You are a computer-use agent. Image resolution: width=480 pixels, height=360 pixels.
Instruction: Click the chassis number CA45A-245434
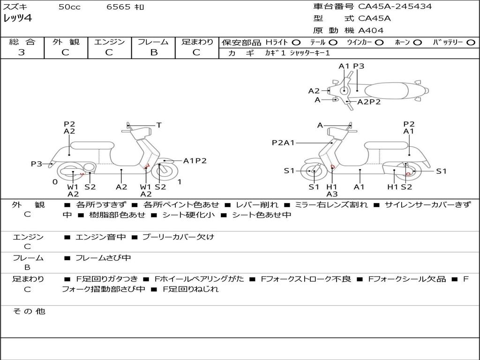click(395, 7)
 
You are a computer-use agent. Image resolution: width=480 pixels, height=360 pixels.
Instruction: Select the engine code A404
click(371, 30)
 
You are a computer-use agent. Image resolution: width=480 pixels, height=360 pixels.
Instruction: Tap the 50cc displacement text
click(69, 7)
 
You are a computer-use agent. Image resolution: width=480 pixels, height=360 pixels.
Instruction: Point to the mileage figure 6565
click(118, 7)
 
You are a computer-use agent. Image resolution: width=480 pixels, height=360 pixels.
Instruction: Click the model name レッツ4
click(17, 19)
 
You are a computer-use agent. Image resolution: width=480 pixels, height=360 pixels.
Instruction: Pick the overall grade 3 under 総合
click(22, 52)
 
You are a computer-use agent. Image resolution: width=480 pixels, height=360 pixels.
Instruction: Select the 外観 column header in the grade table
click(66, 42)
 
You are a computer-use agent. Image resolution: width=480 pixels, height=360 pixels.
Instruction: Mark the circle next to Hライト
click(296, 43)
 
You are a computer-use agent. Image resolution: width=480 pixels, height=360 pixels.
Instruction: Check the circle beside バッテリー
click(471, 43)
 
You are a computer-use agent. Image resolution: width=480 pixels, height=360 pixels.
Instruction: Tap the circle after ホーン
click(417, 43)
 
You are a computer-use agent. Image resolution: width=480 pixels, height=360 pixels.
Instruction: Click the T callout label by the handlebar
click(159, 125)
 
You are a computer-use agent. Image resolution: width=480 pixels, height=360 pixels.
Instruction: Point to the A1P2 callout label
click(195, 161)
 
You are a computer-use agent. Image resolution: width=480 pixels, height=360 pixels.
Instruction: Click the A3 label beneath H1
click(332, 194)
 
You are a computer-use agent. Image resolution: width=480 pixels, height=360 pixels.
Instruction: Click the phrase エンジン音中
click(101, 237)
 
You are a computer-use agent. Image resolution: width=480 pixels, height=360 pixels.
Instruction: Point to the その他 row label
click(29, 311)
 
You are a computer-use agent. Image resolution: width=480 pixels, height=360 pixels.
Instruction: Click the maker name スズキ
click(15, 7)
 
